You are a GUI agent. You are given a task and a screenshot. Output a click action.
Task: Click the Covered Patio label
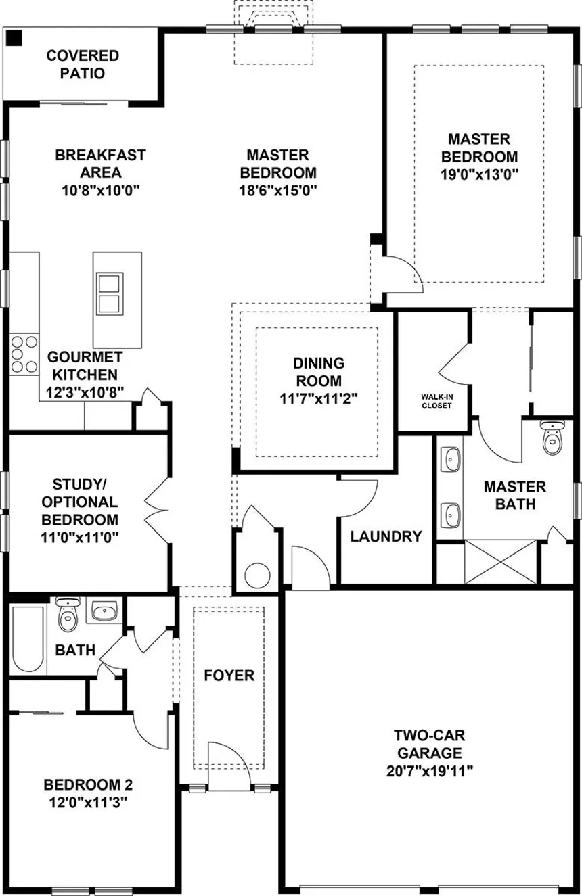pos(83,64)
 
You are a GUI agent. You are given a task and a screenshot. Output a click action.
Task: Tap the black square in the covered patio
pos(14,39)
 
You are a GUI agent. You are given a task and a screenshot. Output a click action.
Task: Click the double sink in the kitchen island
pos(108,294)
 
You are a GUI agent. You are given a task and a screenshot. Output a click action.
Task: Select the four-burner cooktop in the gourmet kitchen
pos(24,354)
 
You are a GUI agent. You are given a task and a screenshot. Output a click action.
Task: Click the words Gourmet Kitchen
pos(85,365)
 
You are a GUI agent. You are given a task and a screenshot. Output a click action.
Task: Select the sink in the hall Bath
pos(104,613)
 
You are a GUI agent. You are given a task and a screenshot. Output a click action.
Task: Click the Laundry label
pos(386,537)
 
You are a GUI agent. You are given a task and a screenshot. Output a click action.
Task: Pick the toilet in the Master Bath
pos(553,439)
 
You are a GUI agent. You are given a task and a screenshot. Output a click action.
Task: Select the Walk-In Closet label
pos(436,402)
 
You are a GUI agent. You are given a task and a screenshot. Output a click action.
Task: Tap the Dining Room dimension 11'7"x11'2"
pos(318,399)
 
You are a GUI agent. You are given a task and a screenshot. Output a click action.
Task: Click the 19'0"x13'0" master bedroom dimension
pos(478,174)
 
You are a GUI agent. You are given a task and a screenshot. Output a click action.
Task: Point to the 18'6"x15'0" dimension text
pos(278,190)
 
